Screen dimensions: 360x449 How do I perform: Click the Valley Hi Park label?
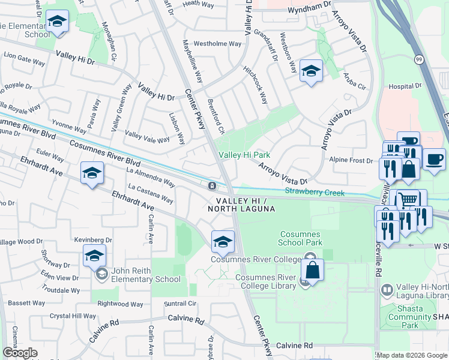[244, 155]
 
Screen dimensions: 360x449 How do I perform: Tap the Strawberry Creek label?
[315, 193]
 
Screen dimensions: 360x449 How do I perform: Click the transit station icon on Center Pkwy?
[212, 185]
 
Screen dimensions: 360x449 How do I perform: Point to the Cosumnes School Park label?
[300, 238]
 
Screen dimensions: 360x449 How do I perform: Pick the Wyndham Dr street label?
[309, 4]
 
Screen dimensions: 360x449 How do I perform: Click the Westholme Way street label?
[217, 44]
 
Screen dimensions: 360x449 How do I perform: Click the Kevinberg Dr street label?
[93, 240]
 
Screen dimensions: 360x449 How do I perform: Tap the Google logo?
[20, 353]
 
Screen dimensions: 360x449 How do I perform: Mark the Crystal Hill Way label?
[73, 316]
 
